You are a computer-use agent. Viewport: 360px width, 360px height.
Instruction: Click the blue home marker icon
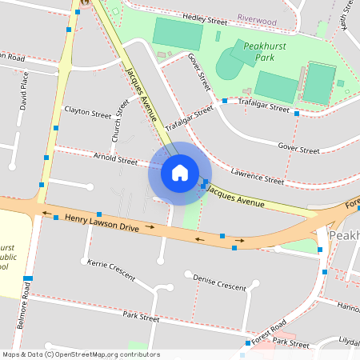[179, 173]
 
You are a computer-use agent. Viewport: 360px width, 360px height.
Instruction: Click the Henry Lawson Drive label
[102, 222]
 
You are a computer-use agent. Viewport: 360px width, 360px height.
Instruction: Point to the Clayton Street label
[88, 114]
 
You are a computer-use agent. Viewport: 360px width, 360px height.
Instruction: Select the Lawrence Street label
[257, 175]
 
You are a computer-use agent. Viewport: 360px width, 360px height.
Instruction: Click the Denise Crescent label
[220, 282]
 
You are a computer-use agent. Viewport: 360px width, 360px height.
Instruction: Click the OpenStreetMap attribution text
[80, 354]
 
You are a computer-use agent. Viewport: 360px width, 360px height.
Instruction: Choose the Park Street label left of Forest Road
[142, 317]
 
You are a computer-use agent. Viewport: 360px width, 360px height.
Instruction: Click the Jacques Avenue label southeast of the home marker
[235, 198]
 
